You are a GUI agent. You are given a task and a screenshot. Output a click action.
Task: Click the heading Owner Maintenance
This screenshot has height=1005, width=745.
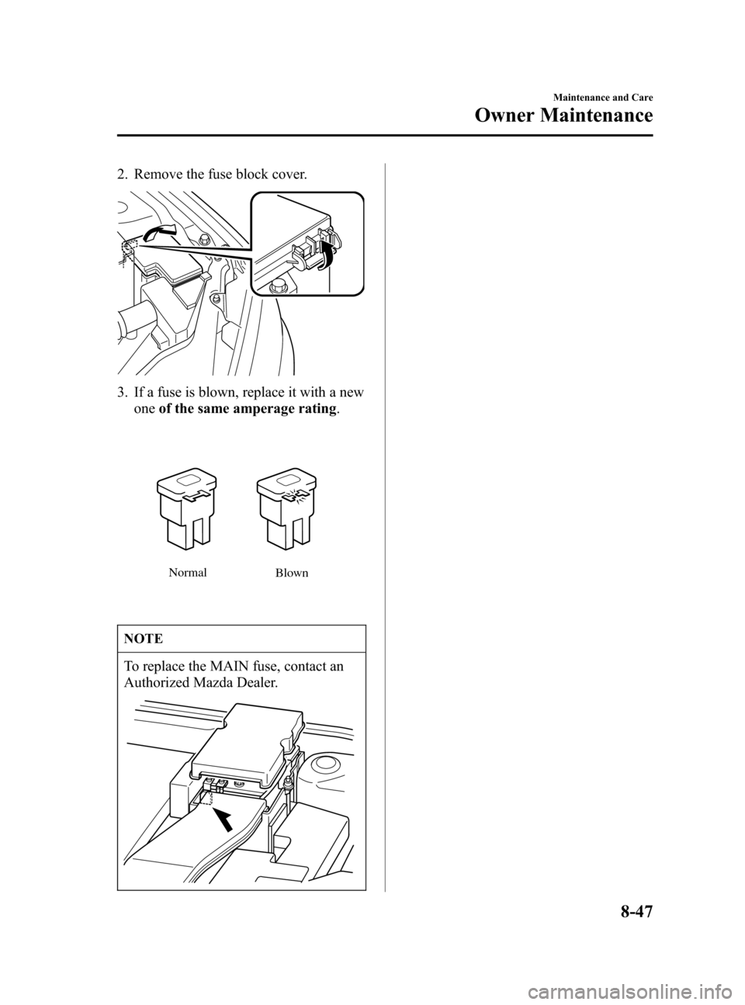click(563, 116)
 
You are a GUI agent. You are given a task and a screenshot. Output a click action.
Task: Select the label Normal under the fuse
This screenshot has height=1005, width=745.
click(187, 573)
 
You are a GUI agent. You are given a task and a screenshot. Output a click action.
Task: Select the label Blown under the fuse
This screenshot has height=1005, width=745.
click(291, 574)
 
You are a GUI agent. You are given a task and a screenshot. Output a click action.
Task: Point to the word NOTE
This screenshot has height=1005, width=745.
click(144, 639)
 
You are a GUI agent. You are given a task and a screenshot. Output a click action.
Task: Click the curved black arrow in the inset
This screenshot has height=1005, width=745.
click(325, 255)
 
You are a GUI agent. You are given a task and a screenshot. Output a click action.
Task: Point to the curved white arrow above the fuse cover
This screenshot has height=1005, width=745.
click(158, 233)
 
